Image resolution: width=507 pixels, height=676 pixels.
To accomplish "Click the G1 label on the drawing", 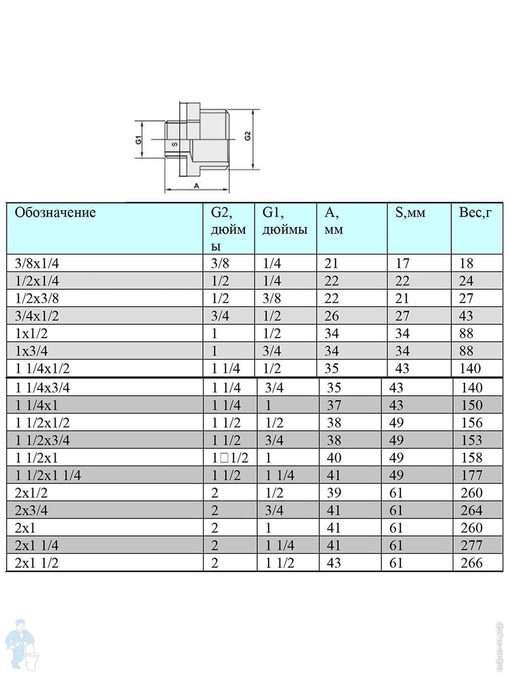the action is pyautogui.click(x=139, y=140).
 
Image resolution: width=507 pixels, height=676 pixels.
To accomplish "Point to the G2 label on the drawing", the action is pyautogui.click(x=248, y=136).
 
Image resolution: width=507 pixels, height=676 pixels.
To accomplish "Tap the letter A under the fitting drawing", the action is pyautogui.click(x=197, y=186).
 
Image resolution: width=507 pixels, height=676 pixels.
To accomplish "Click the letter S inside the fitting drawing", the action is pyautogui.click(x=175, y=144).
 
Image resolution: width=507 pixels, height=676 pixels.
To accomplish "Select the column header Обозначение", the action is pyautogui.click(x=56, y=212).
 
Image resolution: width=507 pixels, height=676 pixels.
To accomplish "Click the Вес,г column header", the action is pyautogui.click(x=475, y=212).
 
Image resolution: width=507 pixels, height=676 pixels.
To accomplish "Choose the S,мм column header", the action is pyautogui.click(x=410, y=213).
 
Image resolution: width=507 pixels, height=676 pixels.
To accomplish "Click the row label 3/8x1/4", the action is pyautogui.click(x=37, y=263).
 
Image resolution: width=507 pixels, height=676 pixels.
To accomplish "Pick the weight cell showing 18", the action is pyautogui.click(x=466, y=263).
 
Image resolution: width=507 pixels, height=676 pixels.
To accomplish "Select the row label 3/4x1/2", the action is pyautogui.click(x=37, y=316).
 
